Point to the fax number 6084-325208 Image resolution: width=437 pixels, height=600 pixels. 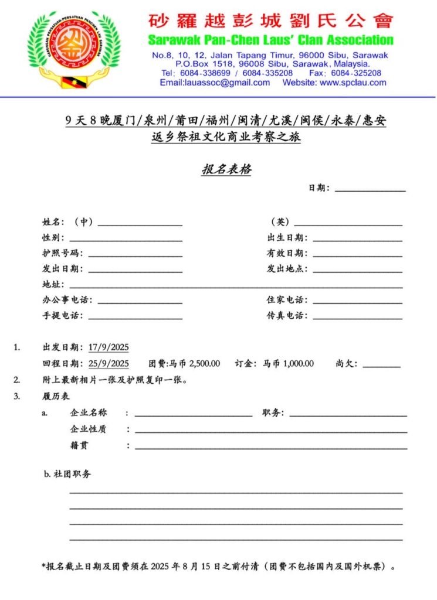pyautogui.click(x=356, y=73)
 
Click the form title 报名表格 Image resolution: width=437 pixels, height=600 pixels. pyautogui.click(x=227, y=170)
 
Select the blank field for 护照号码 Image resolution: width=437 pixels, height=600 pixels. pyautogui.click(x=135, y=254)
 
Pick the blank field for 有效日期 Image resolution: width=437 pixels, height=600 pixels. pyautogui.click(x=357, y=254)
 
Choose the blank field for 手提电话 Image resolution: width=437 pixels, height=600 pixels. pyautogui.click(x=135, y=316)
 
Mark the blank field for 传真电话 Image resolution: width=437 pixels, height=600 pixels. pyautogui.click(x=357, y=316)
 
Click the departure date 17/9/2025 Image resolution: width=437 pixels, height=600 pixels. pyautogui.click(x=109, y=347)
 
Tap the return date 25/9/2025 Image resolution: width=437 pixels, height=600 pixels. pyautogui.click(x=109, y=363)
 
